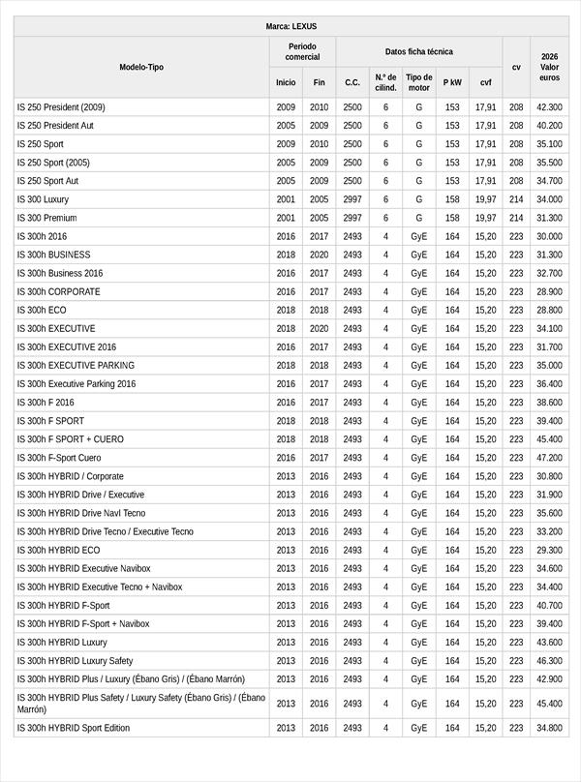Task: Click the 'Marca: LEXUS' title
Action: tap(290, 26)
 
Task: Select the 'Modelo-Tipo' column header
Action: tap(141, 67)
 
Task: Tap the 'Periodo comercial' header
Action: tap(302, 51)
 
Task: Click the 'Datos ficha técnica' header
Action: tap(418, 51)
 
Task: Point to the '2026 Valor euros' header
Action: tap(549, 67)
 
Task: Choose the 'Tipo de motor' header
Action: tap(418, 82)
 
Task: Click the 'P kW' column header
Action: tap(452, 82)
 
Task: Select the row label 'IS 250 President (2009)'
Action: tap(61, 107)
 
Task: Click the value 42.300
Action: tap(549, 107)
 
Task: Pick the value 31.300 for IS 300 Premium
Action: tap(549, 218)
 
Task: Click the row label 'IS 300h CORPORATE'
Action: tap(58, 291)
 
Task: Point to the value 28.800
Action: tap(549, 310)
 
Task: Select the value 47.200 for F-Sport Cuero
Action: tap(549, 458)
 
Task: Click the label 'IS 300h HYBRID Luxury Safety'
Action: tap(75, 661)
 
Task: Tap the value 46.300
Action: tap(549, 661)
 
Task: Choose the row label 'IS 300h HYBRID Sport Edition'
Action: tap(74, 728)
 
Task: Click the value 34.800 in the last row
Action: tap(549, 728)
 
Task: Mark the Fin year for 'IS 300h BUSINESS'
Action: tap(320, 255)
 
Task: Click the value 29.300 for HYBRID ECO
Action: tap(549, 550)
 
